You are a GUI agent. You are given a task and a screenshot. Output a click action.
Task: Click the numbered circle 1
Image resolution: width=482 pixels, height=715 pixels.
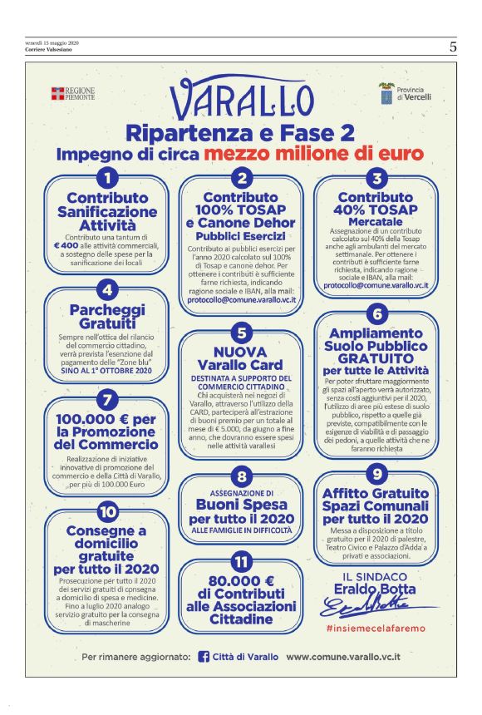106,176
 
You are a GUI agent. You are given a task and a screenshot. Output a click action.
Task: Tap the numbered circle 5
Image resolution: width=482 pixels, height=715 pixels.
240,334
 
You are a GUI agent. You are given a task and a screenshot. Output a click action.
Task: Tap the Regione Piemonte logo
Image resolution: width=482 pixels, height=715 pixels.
72,93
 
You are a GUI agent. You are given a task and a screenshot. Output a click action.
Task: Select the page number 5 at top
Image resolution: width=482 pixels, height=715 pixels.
453,47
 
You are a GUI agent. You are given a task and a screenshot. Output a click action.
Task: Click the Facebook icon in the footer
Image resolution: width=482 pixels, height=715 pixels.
204,657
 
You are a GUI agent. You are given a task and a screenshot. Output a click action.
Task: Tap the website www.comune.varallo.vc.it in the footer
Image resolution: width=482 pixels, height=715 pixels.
355,657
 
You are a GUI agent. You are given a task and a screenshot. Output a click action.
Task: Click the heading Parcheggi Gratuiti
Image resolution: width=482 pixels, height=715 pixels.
106,316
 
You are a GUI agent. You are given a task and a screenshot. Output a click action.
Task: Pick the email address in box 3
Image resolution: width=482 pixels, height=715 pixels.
376,284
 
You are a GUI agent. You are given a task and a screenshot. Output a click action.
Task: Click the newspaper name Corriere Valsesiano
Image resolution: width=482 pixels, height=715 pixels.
48,50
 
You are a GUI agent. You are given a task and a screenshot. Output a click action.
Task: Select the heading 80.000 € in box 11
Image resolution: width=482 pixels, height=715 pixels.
240,582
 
